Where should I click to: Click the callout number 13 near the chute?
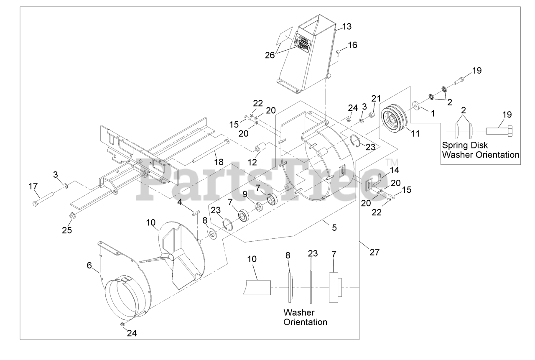coord(346,26)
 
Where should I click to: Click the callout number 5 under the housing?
coord(334,228)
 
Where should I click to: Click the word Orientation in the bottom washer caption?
coord(305,322)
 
